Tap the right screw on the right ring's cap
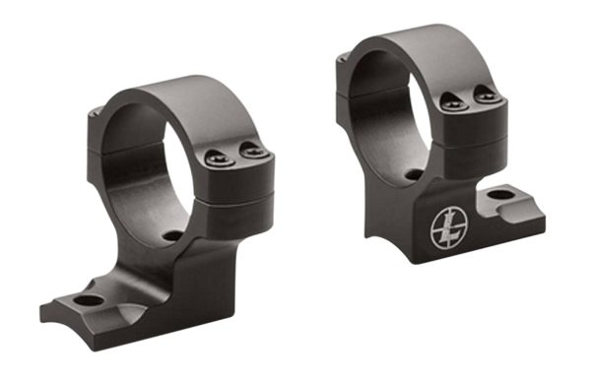click(x=481, y=93)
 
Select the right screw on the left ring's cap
click(x=253, y=152)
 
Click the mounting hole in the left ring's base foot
click(x=87, y=300)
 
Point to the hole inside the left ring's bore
click(x=173, y=236)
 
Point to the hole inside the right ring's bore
click(x=414, y=175)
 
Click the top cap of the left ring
click(x=197, y=108)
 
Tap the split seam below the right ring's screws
click(x=468, y=128)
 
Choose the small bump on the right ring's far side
click(x=339, y=62)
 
